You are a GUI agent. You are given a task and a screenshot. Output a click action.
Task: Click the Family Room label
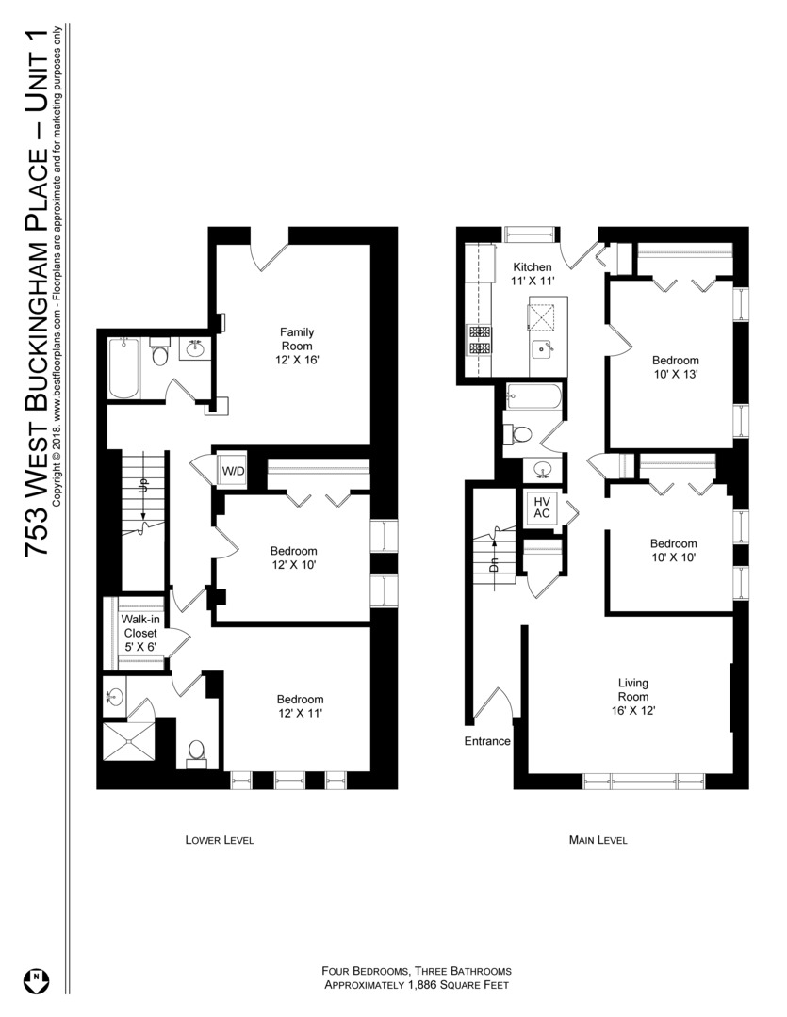coord(297,339)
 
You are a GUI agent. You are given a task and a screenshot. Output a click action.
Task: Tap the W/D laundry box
coord(233,471)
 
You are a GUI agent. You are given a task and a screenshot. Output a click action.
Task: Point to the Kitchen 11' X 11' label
coord(533,274)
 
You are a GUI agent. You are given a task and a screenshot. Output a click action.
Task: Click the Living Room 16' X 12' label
coord(632,697)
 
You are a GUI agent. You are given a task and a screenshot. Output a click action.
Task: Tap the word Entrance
coord(487,741)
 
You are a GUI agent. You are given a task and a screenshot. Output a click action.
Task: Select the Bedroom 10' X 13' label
coord(676,368)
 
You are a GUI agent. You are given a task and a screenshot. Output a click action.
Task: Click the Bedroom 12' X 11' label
coord(300,706)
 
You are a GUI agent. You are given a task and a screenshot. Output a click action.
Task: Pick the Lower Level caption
coord(220,840)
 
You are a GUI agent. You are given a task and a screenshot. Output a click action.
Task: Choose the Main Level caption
coord(598,840)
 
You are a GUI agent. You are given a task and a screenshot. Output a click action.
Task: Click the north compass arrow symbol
coord(36,978)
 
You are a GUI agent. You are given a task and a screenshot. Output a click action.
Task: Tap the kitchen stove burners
coord(478,340)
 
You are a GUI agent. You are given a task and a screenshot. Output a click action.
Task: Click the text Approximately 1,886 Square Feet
coord(417,986)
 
